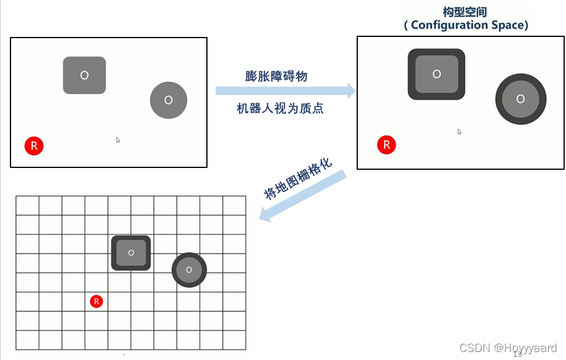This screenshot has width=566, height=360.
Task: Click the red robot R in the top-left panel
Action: tap(34, 146)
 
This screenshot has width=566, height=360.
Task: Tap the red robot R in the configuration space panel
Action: tap(387, 145)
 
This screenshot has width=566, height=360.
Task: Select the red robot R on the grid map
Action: tap(96, 302)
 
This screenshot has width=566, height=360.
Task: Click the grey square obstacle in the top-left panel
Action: tap(84, 75)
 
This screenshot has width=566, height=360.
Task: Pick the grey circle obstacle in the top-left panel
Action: tap(168, 100)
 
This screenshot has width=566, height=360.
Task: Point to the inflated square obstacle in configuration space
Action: tap(436, 74)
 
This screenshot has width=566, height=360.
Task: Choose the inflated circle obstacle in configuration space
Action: tap(520, 98)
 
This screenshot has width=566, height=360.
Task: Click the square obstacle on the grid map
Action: tap(131, 252)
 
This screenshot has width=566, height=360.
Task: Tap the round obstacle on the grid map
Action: tap(189, 270)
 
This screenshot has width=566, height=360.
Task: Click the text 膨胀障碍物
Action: tap(276, 76)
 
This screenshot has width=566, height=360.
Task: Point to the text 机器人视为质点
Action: tap(280, 109)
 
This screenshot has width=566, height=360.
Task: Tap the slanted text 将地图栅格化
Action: tap(298, 178)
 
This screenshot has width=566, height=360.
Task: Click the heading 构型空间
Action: tap(465, 12)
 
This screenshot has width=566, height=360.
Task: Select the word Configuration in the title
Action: tap(449, 25)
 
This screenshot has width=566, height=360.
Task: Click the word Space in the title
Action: tap(507, 25)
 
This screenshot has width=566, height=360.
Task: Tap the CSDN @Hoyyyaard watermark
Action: tap(508, 348)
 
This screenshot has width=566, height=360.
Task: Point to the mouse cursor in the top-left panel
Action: tap(118, 140)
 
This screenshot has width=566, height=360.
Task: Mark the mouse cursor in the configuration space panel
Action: tap(459, 131)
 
